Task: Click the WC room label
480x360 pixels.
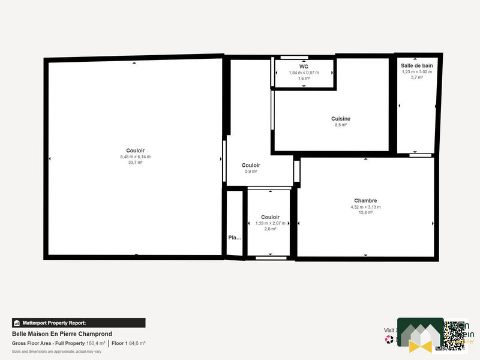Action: (304, 66)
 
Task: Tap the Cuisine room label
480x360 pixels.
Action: (341, 119)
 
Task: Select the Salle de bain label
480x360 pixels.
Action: (417, 65)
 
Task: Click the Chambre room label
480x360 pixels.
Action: (365, 200)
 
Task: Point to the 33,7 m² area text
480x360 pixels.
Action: (136, 163)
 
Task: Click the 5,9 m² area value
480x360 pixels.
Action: (251, 172)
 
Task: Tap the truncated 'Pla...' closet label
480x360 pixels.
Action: (235, 238)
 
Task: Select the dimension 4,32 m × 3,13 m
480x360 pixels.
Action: (365, 207)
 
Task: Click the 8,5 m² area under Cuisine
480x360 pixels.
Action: (341, 125)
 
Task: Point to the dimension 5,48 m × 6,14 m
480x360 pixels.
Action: (136, 157)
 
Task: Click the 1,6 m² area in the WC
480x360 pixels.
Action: (304, 78)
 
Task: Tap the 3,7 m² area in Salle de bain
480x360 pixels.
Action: (417, 77)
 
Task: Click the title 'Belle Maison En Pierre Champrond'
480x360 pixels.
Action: (62, 334)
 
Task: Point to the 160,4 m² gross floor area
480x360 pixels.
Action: (96, 343)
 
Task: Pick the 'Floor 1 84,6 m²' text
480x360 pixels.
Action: (128, 343)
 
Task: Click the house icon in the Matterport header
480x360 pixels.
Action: (17, 323)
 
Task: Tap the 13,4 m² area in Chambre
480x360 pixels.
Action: (365, 213)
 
